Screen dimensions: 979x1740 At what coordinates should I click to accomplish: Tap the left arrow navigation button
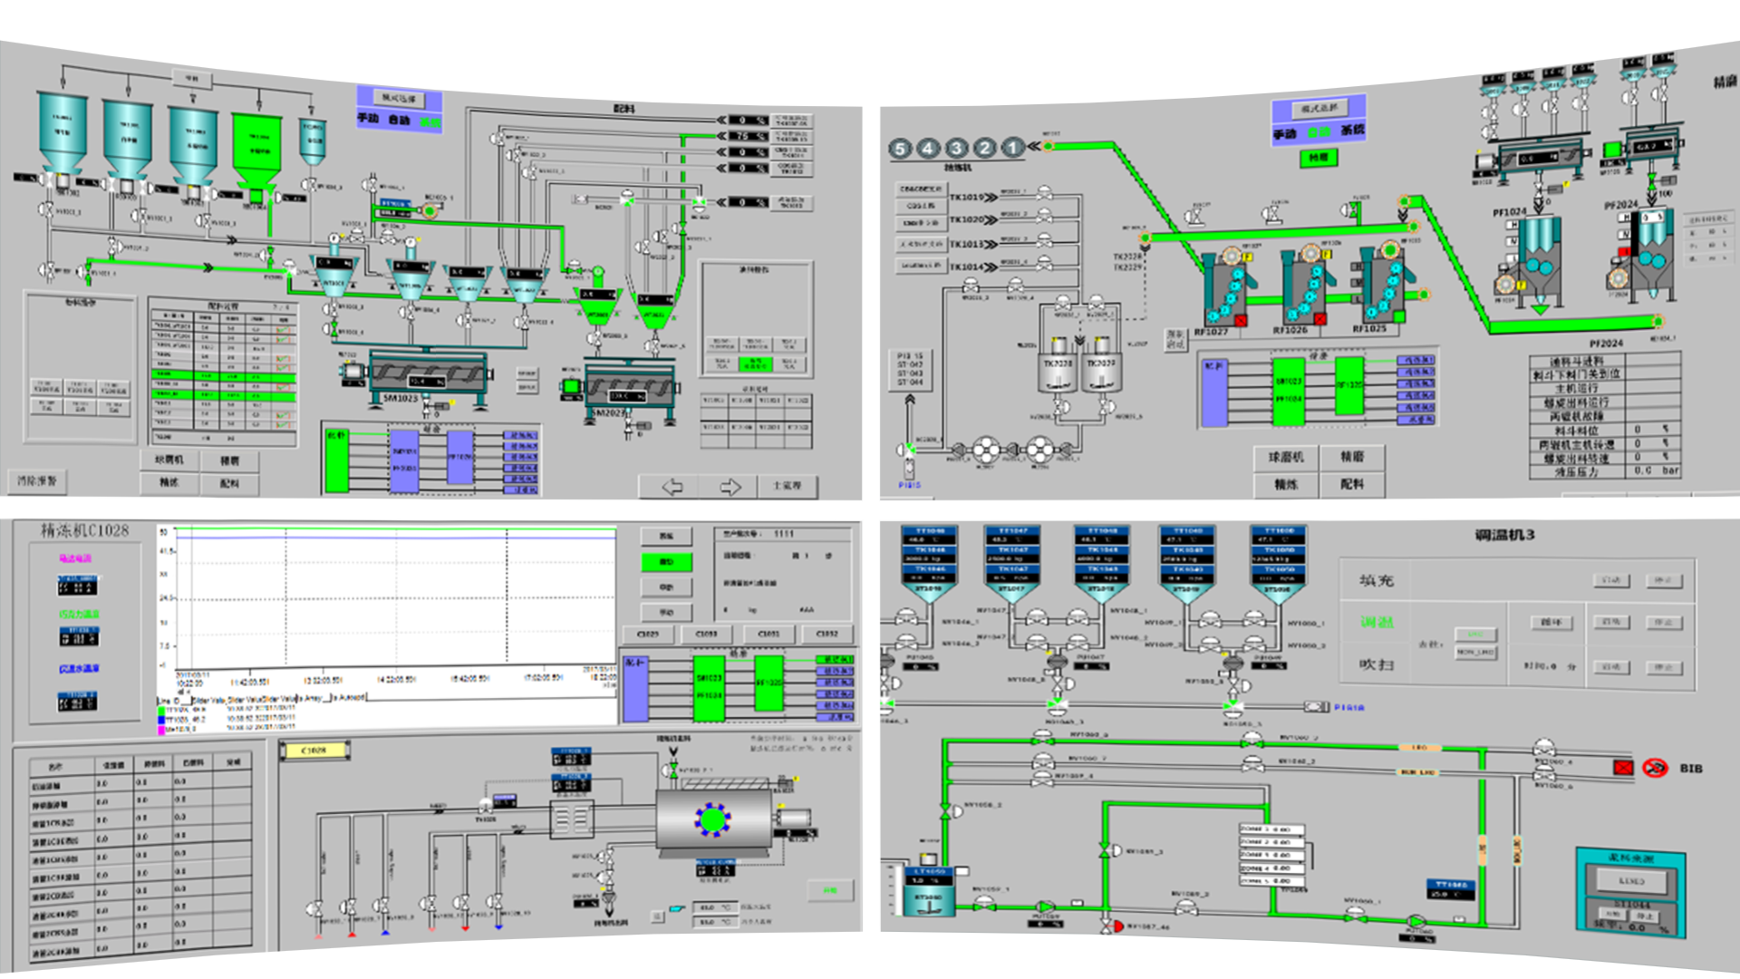click(672, 487)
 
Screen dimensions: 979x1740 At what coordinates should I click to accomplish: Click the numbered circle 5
click(900, 149)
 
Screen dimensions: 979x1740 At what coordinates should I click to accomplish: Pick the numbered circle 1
click(1013, 147)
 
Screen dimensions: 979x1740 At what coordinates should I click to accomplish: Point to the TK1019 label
click(966, 197)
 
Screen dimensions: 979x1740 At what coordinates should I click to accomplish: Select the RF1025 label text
click(1368, 329)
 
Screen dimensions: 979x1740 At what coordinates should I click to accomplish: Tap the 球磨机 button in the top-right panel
click(1285, 458)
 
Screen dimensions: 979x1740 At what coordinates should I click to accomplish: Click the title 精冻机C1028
click(84, 530)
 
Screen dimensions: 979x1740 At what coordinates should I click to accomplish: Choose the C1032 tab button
click(826, 634)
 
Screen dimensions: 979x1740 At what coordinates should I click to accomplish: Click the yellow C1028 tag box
click(314, 751)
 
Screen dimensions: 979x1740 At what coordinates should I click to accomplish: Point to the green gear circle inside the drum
click(713, 819)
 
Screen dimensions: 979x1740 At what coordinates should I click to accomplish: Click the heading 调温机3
click(1503, 536)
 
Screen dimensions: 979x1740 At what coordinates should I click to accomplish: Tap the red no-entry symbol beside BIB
click(1655, 768)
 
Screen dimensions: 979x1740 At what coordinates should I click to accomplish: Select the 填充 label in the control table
click(1376, 580)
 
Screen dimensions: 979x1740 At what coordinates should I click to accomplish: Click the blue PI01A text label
click(1348, 707)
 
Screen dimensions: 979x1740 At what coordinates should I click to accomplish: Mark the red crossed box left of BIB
click(1622, 768)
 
